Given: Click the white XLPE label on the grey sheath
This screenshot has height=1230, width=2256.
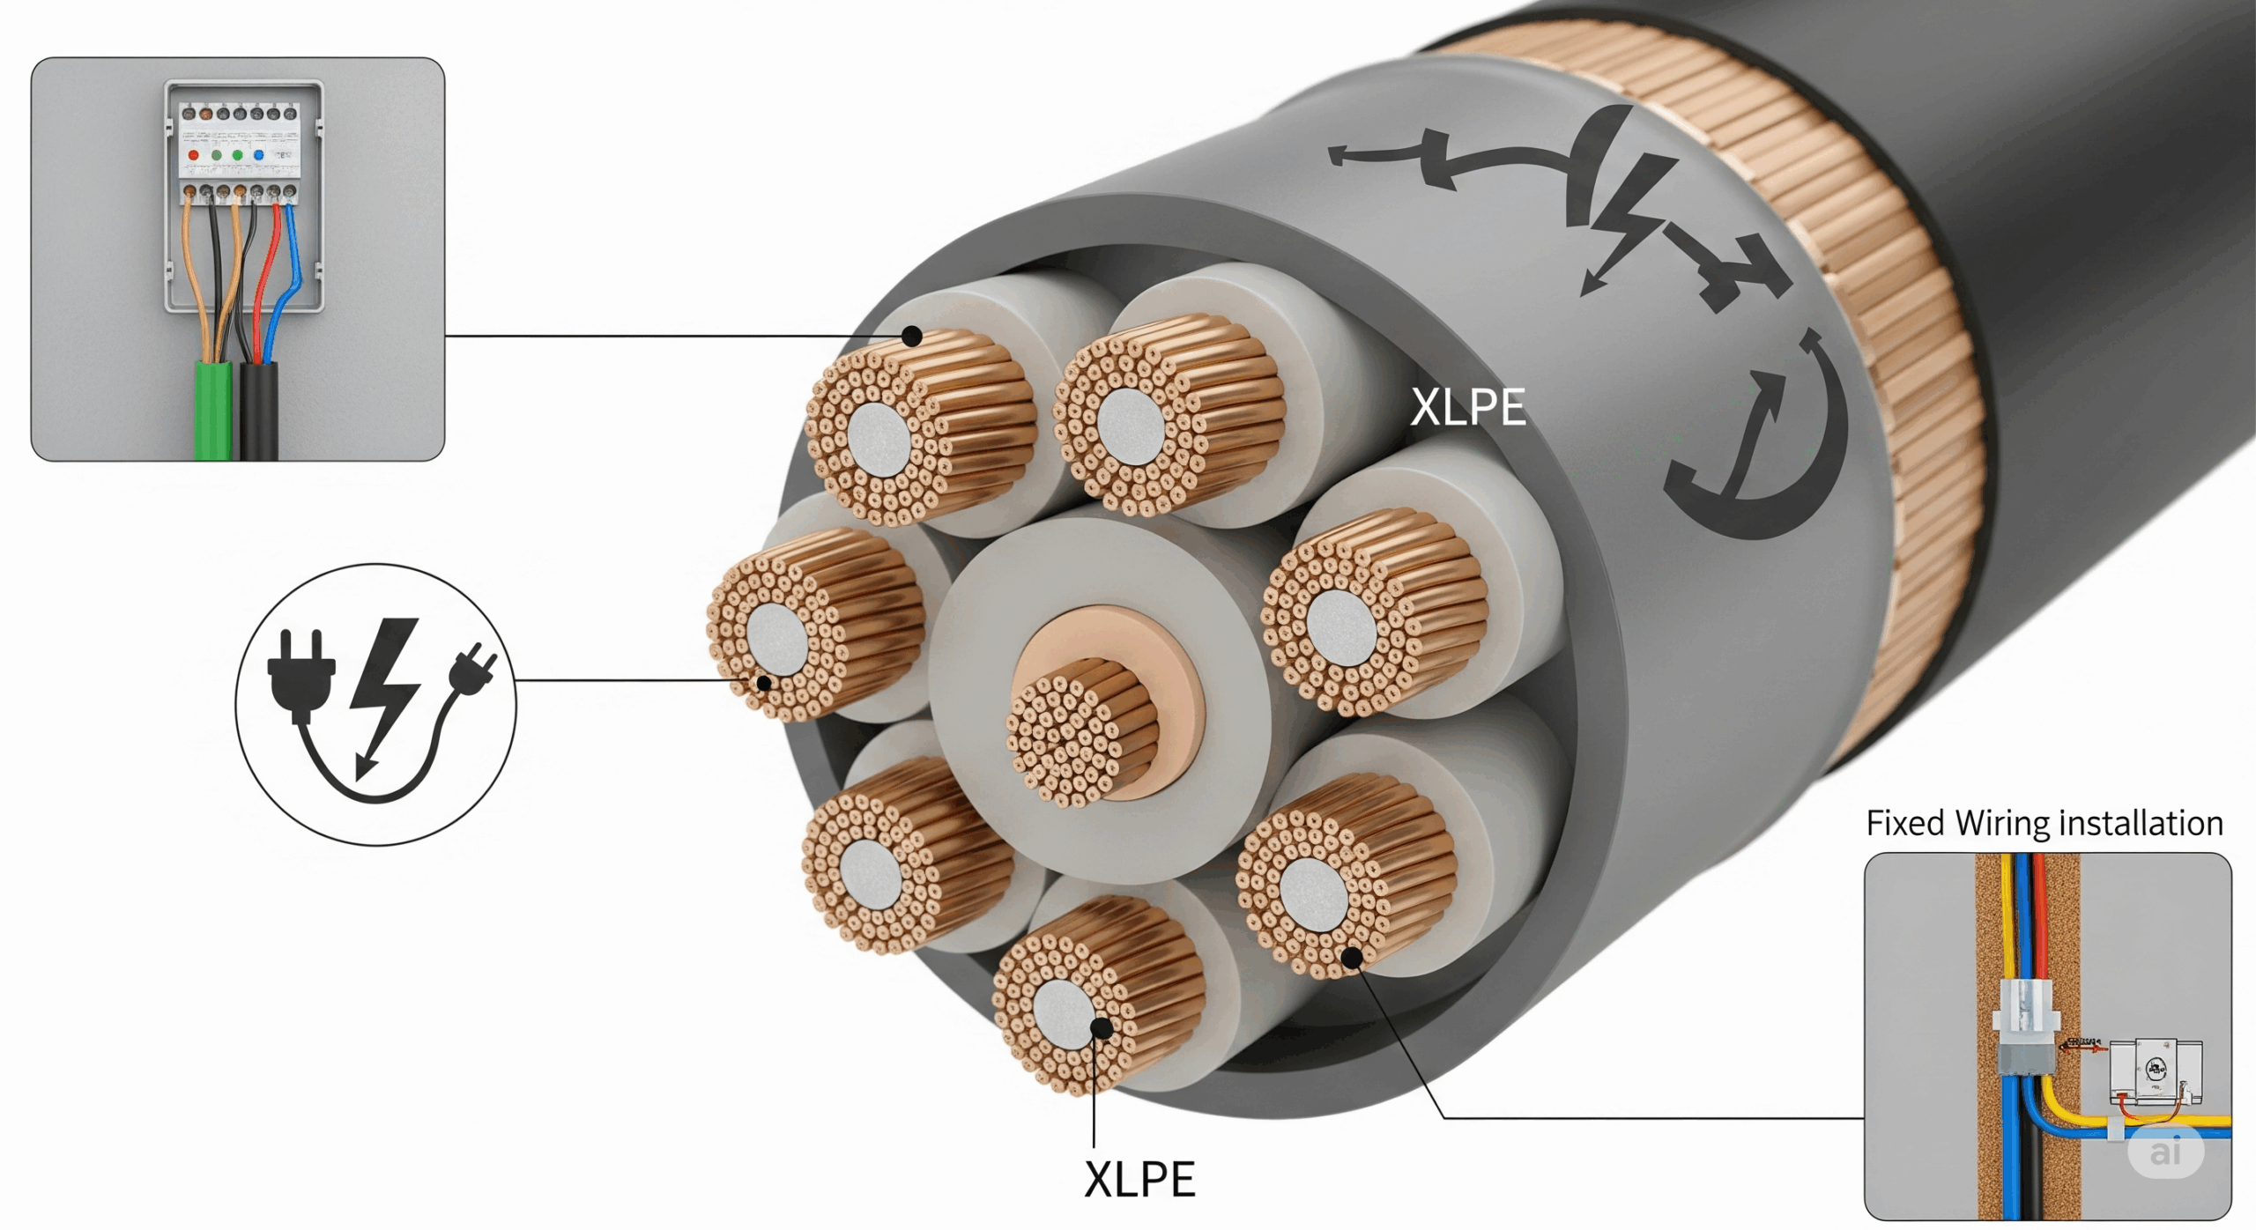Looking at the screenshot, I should (1468, 407).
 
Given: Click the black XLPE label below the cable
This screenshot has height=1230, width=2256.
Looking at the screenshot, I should (1139, 1179).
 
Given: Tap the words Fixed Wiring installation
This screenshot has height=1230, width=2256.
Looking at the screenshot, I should (2044, 823).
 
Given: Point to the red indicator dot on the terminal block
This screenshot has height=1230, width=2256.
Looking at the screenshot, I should (194, 155).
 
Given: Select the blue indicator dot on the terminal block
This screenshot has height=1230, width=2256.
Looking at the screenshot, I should (259, 155).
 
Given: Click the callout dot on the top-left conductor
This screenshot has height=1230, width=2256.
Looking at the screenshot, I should (912, 336).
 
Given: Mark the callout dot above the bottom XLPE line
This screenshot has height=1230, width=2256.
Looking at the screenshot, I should (1101, 1027).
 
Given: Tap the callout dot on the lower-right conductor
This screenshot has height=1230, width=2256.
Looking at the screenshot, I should (1352, 957).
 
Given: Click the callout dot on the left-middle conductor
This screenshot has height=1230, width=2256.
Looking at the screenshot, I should (764, 683).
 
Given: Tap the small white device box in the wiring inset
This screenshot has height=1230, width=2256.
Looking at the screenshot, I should (2156, 1070).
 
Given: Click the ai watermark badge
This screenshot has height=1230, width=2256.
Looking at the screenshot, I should (2165, 1151).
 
